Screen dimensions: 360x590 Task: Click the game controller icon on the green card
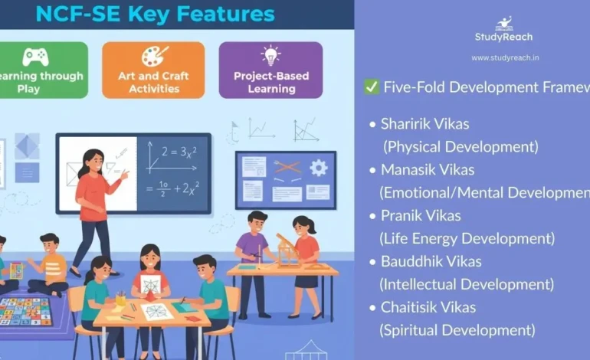point(34,57)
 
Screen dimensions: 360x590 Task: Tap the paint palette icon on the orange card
point(154,57)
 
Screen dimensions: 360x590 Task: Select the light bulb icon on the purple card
point(270,55)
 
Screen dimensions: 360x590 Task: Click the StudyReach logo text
point(503,37)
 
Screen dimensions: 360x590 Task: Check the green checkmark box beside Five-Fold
point(372,87)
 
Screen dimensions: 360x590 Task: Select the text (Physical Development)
point(461,146)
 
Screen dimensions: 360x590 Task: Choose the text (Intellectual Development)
point(467,284)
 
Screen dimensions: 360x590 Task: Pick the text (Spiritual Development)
point(457,330)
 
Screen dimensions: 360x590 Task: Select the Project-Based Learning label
point(270,83)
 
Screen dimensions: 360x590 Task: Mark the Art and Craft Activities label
point(154,83)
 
